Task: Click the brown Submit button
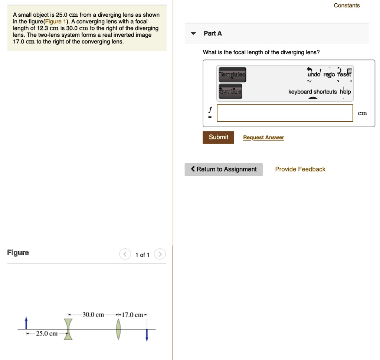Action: [218, 137]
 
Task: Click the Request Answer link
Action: [263, 138]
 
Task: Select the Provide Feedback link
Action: [300, 169]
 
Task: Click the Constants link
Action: [347, 6]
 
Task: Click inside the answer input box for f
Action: [285, 113]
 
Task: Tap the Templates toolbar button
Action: [232, 74]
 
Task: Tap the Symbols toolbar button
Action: [230, 92]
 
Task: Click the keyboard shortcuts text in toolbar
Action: [313, 92]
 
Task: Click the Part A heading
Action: [213, 33]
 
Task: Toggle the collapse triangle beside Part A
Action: [193, 33]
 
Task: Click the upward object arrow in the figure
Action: [26, 323]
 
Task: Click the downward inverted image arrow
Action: [147, 335]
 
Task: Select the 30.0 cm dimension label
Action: [93, 315]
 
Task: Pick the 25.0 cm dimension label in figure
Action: [46, 334]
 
